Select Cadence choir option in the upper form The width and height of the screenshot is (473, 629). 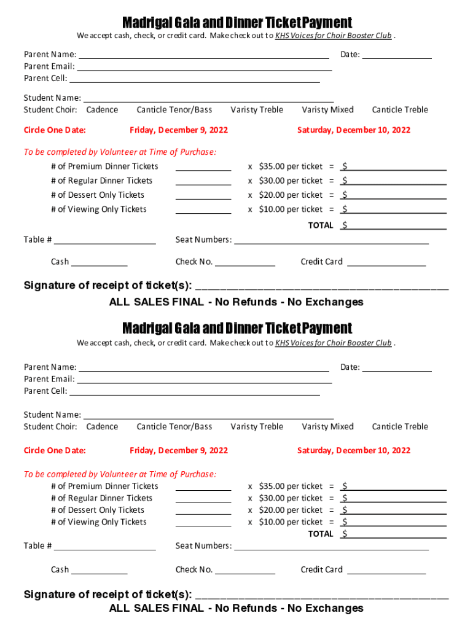click(x=102, y=110)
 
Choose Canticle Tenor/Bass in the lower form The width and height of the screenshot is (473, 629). click(x=174, y=427)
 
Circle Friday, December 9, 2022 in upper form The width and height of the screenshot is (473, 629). click(x=179, y=130)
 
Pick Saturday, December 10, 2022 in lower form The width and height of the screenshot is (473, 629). click(x=354, y=451)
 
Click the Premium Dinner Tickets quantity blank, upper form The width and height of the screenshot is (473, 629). click(x=203, y=168)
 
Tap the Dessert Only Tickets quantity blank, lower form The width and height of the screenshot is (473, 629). click(x=203, y=511)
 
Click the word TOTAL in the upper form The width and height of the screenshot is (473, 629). click(x=321, y=225)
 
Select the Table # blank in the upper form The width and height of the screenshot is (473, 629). click(x=105, y=241)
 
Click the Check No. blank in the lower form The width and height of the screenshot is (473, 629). click(x=245, y=571)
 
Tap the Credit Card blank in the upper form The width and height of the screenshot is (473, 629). click(x=386, y=263)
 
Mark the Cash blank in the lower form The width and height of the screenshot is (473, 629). click(x=100, y=571)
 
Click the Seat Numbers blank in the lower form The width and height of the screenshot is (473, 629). click(x=332, y=547)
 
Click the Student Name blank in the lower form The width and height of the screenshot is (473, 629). click(x=209, y=416)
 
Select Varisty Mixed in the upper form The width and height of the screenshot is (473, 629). click(x=328, y=110)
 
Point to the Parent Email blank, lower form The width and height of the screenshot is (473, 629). click(x=204, y=380)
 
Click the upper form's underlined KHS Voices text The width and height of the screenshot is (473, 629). click(x=334, y=36)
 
